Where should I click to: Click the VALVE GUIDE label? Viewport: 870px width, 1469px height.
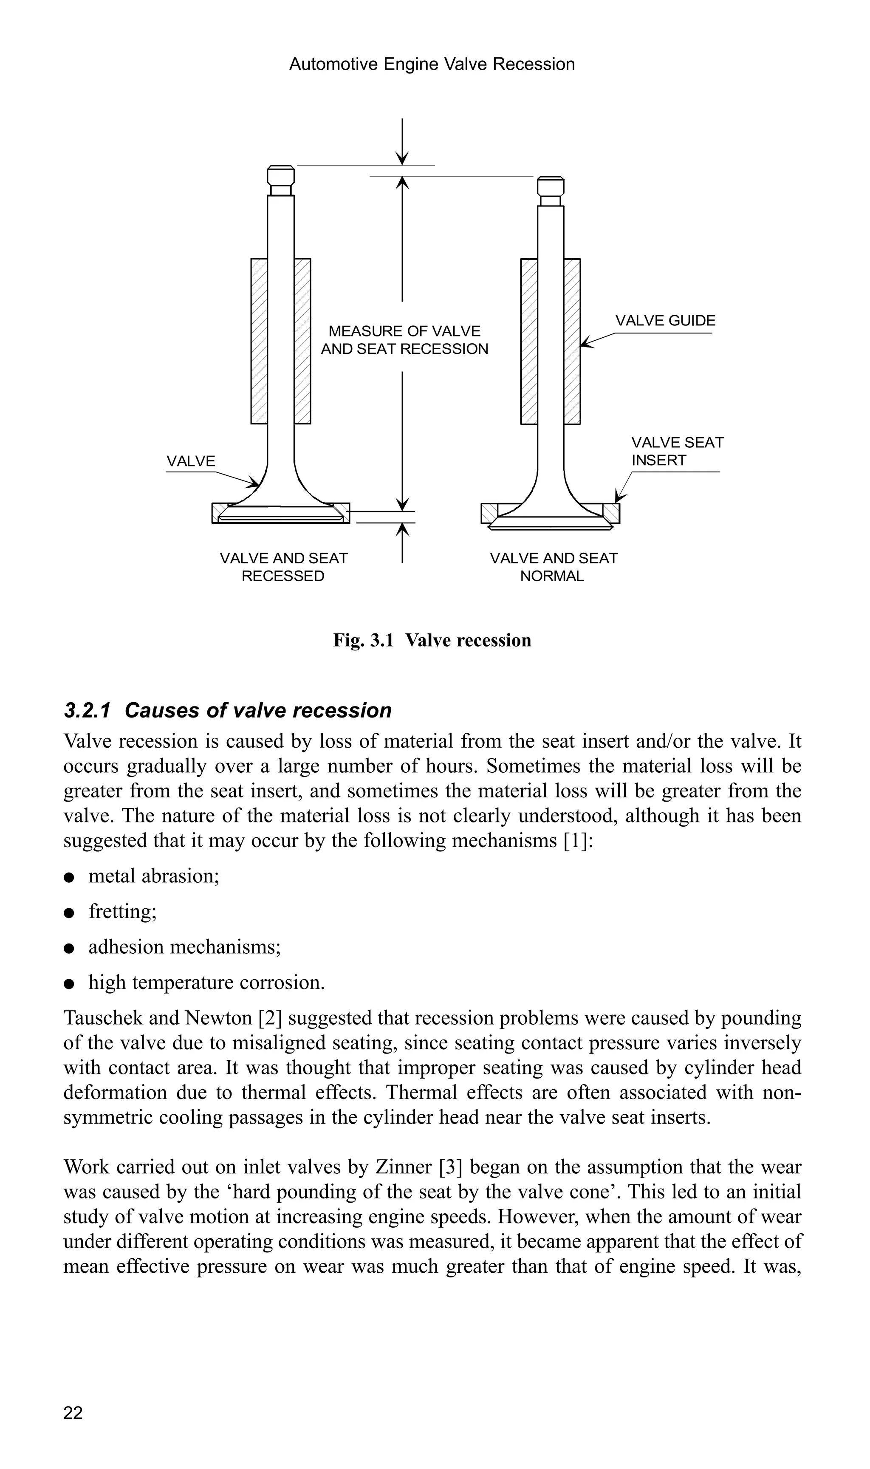pyautogui.click(x=665, y=321)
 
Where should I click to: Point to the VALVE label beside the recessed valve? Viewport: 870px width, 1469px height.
pyautogui.click(x=191, y=461)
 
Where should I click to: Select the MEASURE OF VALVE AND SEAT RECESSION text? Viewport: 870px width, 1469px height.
pyautogui.click(x=404, y=340)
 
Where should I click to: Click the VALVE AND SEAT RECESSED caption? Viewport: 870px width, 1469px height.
pyautogui.click(x=283, y=567)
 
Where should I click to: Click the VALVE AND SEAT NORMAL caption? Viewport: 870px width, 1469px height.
pyautogui.click(x=554, y=567)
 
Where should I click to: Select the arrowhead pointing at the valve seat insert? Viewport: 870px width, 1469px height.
pyautogui.click(x=619, y=498)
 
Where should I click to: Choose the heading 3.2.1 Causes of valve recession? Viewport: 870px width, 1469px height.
pyautogui.click(x=227, y=710)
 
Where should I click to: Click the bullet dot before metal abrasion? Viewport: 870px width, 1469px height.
pyautogui.click(x=69, y=877)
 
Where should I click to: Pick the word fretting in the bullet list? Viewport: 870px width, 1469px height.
pyautogui.click(x=122, y=912)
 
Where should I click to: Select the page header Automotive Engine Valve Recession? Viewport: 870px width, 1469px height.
pyautogui.click(x=432, y=64)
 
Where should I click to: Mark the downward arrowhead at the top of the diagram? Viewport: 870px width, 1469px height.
pyautogui.click(x=402, y=159)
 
